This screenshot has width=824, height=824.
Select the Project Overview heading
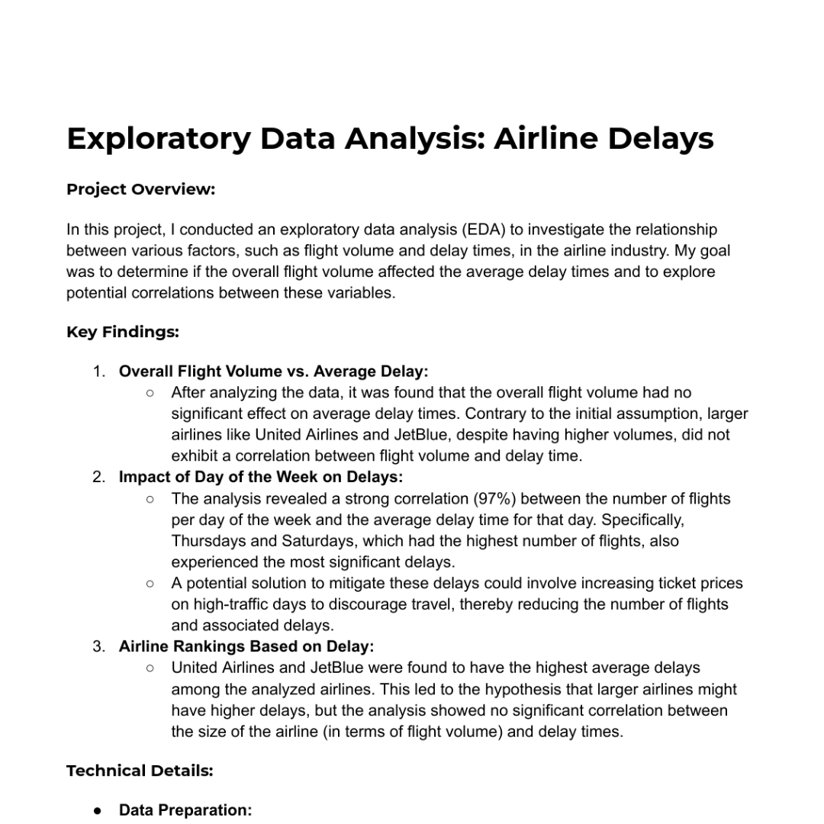(140, 189)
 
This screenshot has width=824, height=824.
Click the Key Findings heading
(123, 332)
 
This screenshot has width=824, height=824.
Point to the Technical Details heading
(140, 771)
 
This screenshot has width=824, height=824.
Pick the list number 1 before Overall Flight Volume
(98, 372)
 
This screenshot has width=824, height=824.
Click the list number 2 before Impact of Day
(98, 478)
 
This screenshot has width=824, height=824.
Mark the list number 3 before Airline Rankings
(98, 647)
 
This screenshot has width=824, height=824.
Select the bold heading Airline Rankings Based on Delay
(246, 647)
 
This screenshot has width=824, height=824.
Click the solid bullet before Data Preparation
(98, 810)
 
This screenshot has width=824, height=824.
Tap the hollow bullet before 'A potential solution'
(150, 584)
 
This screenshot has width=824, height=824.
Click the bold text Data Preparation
(185, 810)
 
